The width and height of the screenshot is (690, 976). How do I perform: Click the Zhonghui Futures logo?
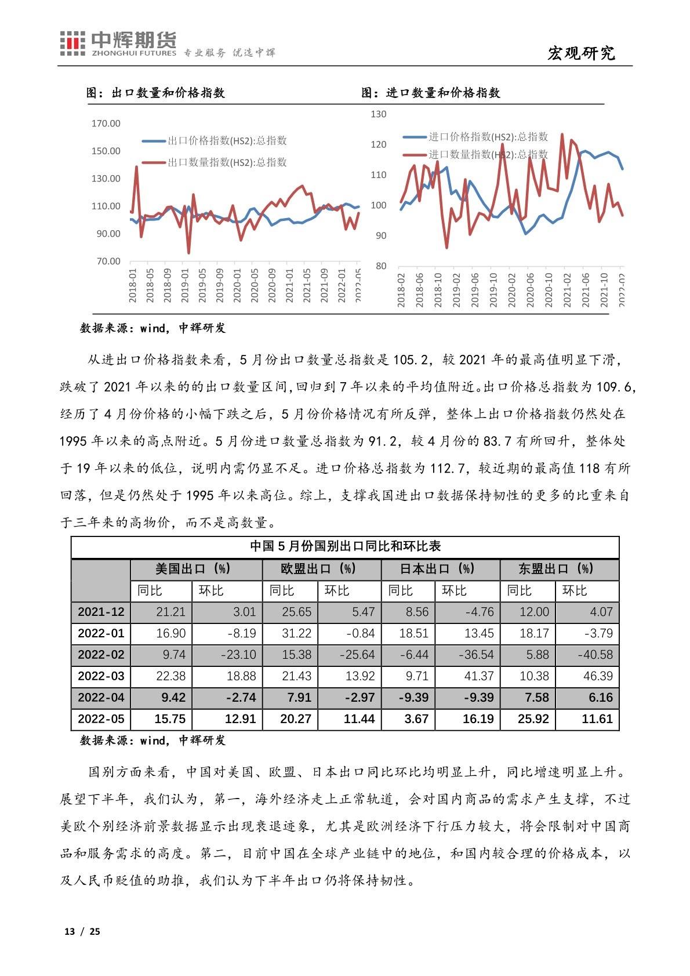click(118, 44)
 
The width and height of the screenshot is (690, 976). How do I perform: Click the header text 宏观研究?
click(581, 53)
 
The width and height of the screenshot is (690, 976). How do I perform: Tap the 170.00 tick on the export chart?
click(106, 124)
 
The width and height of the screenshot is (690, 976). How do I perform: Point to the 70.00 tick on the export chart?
click(108, 262)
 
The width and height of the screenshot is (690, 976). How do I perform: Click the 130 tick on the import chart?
click(378, 114)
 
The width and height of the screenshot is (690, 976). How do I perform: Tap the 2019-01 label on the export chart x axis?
click(185, 285)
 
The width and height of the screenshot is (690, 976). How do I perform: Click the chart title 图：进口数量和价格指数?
click(431, 93)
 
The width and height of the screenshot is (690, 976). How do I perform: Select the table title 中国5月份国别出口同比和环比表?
click(345, 546)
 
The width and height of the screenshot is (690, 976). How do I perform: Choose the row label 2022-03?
click(101, 676)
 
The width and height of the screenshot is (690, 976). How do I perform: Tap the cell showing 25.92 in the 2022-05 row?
click(533, 719)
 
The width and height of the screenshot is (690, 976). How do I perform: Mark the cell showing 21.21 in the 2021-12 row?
click(170, 612)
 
